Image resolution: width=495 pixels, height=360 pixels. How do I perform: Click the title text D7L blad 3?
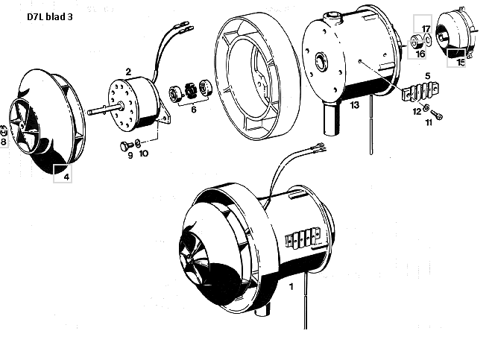point(49,16)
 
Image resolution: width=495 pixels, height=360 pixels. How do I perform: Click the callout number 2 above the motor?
point(128,72)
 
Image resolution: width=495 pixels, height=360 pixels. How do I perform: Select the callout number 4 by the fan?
point(66,177)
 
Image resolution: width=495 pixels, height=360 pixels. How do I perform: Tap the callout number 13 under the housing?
point(355,105)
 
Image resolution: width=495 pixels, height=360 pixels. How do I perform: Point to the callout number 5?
point(427,76)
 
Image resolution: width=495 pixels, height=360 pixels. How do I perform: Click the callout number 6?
point(194,110)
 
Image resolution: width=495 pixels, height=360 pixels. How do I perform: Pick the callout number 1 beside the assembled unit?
point(291,287)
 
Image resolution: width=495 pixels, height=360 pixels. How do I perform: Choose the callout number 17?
point(426,29)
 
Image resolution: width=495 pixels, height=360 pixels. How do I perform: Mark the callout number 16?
point(420,54)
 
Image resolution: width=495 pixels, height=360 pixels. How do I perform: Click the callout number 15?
point(461,62)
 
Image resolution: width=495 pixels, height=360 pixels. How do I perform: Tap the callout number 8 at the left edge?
point(4,142)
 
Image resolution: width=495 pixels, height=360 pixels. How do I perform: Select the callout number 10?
point(143,154)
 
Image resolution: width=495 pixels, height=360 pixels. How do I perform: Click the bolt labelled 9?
point(126,146)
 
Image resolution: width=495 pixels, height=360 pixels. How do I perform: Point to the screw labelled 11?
point(436,115)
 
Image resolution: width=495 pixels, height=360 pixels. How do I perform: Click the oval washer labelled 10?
point(138,144)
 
